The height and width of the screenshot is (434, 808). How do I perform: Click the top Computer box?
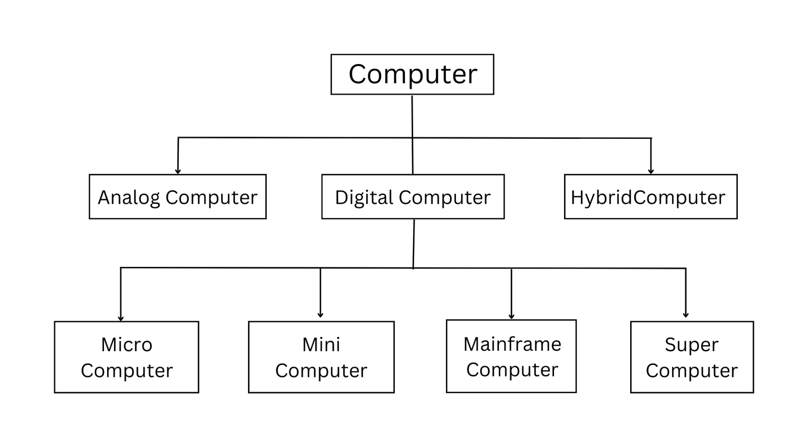coord(412,74)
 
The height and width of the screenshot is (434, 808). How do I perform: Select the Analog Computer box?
coord(177,197)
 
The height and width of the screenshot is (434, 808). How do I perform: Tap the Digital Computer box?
coord(413,197)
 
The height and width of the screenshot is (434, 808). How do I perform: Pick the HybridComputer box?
coord(650,197)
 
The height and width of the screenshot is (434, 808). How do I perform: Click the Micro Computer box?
coord(126,357)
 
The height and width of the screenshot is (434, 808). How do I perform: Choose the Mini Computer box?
coord(321,357)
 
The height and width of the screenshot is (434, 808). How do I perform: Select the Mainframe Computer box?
coord(511,356)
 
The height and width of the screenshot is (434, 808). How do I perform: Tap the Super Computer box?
coord(692,357)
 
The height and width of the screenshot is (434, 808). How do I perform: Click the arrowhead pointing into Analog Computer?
coord(178,171)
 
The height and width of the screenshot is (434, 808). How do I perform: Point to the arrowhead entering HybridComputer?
coord(650,171)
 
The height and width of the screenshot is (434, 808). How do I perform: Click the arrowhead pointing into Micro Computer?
coord(121,318)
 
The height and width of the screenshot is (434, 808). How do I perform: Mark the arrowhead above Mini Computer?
coord(320,314)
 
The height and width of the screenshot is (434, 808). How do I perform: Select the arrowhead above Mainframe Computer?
coord(511,316)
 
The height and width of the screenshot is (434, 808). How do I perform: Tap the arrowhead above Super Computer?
coord(685,314)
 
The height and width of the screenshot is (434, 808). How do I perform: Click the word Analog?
coord(129,197)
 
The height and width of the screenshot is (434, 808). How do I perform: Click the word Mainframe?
coord(512,344)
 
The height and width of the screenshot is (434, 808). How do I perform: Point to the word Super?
coord(691,345)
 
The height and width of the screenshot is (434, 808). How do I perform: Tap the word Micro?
coord(126,345)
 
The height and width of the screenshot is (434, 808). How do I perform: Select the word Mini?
coord(321,345)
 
